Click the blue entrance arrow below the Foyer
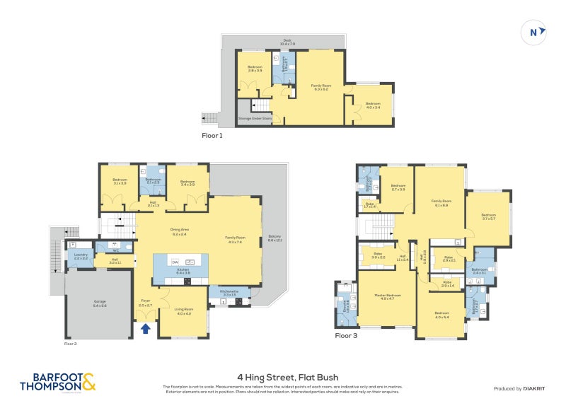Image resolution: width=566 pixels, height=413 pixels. click(x=145, y=328)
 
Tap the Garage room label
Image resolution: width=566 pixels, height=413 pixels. click(x=99, y=303)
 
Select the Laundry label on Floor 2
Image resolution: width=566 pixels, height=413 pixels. click(x=80, y=255)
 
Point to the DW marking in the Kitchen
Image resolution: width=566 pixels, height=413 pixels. click(x=175, y=262)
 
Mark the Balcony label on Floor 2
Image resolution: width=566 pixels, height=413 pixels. click(x=275, y=238)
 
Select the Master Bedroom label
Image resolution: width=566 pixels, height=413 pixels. click(x=387, y=296)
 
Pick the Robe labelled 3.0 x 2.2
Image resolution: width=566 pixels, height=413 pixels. click(x=378, y=254)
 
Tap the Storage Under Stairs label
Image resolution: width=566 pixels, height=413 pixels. click(x=253, y=118)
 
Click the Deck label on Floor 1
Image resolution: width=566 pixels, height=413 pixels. click(x=287, y=42)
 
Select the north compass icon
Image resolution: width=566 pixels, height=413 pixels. click(x=537, y=31)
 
